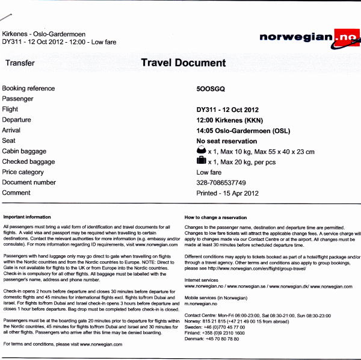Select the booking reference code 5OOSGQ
[x=210, y=88]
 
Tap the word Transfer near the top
[x=20, y=63]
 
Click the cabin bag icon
[x=201, y=151]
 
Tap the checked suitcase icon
[x=201, y=161]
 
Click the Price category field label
[x=23, y=172]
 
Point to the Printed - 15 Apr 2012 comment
[x=227, y=193]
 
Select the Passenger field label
[x=18, y=99]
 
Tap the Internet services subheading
[x=202, y=280]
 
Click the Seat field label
[x=8, y=141]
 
